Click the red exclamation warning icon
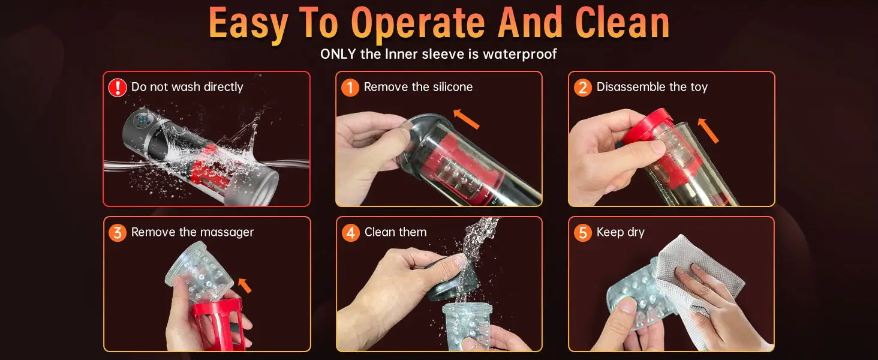click(x=117, y=87)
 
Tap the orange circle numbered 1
click(x=350, y=87)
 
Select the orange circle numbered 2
click(x=583, y=87)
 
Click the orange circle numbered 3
click(x=117, y=233)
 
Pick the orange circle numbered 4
click(x=350, y=233)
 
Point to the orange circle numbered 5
click(x=583, y=233)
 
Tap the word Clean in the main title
click(x=623, y=23)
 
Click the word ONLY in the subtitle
click(x=338, y=54)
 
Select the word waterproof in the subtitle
click(x=520, y=55)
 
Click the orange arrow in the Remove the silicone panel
click(x=466, y=119)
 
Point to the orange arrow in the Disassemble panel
click(x=708, y=130)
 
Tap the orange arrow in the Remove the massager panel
click(x=245, y=285)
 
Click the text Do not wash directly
click(x=187, y=86)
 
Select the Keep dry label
click(x=621, y=232)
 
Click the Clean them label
click(x=395, y=232)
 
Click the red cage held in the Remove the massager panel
click(x=220, y=325)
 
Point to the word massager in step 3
click(x=227, y=233)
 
